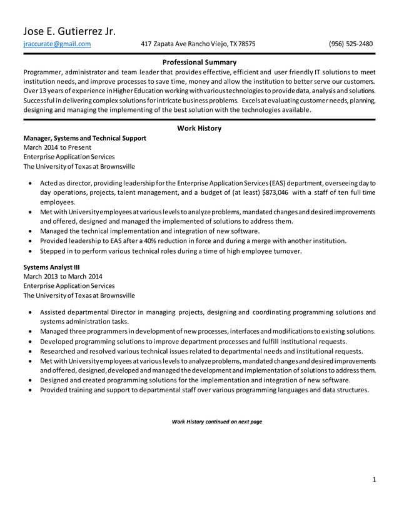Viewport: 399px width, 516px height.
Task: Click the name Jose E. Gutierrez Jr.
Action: [69, 31]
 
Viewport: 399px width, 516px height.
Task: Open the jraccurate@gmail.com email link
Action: [57, 44]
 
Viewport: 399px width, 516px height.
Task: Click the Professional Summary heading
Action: [199, 62]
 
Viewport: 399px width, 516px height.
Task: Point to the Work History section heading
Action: [199, 129]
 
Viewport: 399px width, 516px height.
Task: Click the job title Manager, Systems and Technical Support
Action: [84, 138]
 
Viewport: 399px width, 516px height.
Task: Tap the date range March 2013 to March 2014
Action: [63, 276]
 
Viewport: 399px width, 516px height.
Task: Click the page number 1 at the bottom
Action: [373, 480]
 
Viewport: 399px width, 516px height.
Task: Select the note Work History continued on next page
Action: [216, 422]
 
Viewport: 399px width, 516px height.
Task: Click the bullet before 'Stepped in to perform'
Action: [31, 251]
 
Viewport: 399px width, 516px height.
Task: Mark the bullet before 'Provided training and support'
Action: [31, 390]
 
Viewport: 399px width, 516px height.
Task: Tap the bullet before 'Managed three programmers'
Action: [31, 331]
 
